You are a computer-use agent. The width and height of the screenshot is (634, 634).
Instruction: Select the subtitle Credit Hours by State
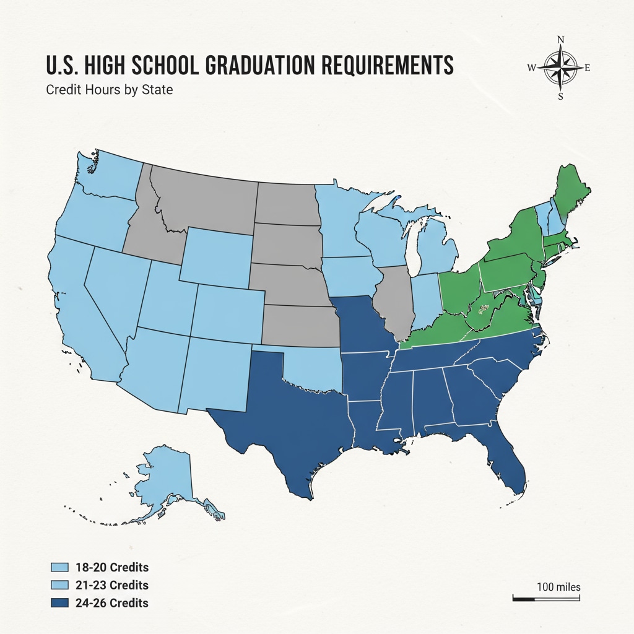coord(109,90)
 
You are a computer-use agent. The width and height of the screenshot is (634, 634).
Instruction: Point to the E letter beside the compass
coord(588,68)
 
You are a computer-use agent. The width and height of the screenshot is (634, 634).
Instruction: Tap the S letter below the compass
coord(561,96)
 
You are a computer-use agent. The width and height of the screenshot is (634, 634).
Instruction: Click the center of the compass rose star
coord(561,68)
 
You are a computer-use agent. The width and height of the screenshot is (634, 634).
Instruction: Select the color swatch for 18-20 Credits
coord(59,567)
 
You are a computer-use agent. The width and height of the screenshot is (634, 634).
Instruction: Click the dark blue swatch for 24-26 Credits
coord(59,602)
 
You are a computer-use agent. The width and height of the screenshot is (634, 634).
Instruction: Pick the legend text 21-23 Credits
coord(111,585)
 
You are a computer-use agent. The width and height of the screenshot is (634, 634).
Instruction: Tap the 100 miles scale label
coord(558,586)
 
